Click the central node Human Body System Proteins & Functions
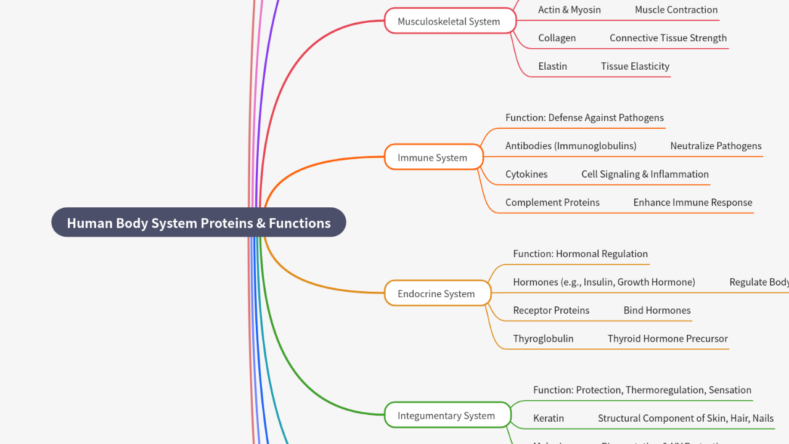point(198,223)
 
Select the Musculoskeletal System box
point(449,22)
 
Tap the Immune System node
point(433,158)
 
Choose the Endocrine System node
point(436,294)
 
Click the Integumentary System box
point(447,416)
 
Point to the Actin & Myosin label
point(569,10)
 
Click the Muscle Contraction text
point(676,10)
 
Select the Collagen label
point(557,38)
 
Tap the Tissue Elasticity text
point(635,67)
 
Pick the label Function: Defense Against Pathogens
point(584,118)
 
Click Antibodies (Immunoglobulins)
point(571,146)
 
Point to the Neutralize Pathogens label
point(716,146)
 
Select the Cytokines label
point(526,175)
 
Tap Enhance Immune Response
point(693,203)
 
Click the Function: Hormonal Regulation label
point(580,254)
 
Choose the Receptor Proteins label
point(551,311)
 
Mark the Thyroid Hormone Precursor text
point(668,339)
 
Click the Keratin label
point(549,419)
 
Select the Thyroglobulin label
point(543,339)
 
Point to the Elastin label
point(552,67)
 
